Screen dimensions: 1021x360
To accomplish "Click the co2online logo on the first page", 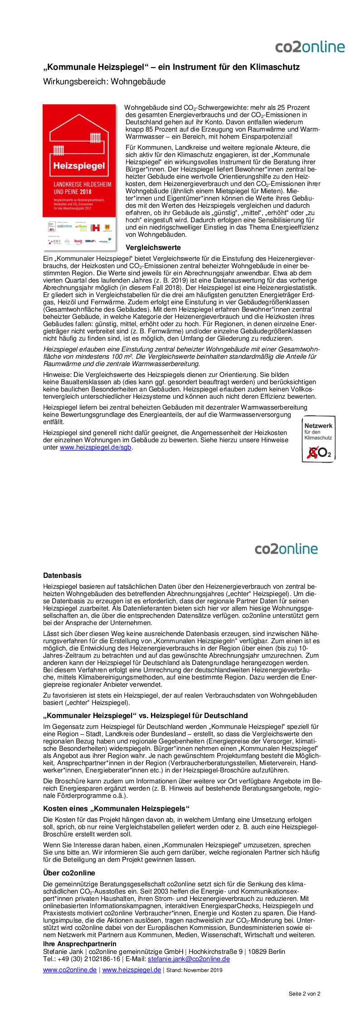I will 310,47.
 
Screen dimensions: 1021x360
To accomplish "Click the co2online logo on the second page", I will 286,549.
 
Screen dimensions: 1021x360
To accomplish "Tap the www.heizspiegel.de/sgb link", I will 96,447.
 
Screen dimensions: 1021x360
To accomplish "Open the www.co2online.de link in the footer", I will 70,970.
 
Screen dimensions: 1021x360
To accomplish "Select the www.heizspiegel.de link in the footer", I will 131,970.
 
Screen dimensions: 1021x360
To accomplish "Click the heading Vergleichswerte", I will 153,248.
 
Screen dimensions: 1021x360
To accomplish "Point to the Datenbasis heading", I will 62,576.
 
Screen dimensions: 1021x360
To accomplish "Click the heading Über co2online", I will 69,873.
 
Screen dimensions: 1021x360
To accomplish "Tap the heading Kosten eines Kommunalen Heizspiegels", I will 116,809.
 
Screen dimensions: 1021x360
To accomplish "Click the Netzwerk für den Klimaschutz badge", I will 318,439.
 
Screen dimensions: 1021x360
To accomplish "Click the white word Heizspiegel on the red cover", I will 79,166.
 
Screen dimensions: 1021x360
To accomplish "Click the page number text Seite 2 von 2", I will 304,994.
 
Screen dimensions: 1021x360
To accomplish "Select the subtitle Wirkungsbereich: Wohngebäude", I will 104,82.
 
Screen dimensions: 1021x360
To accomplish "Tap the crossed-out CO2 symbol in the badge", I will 319,452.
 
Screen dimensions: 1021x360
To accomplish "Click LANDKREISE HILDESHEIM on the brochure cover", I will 82,184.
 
